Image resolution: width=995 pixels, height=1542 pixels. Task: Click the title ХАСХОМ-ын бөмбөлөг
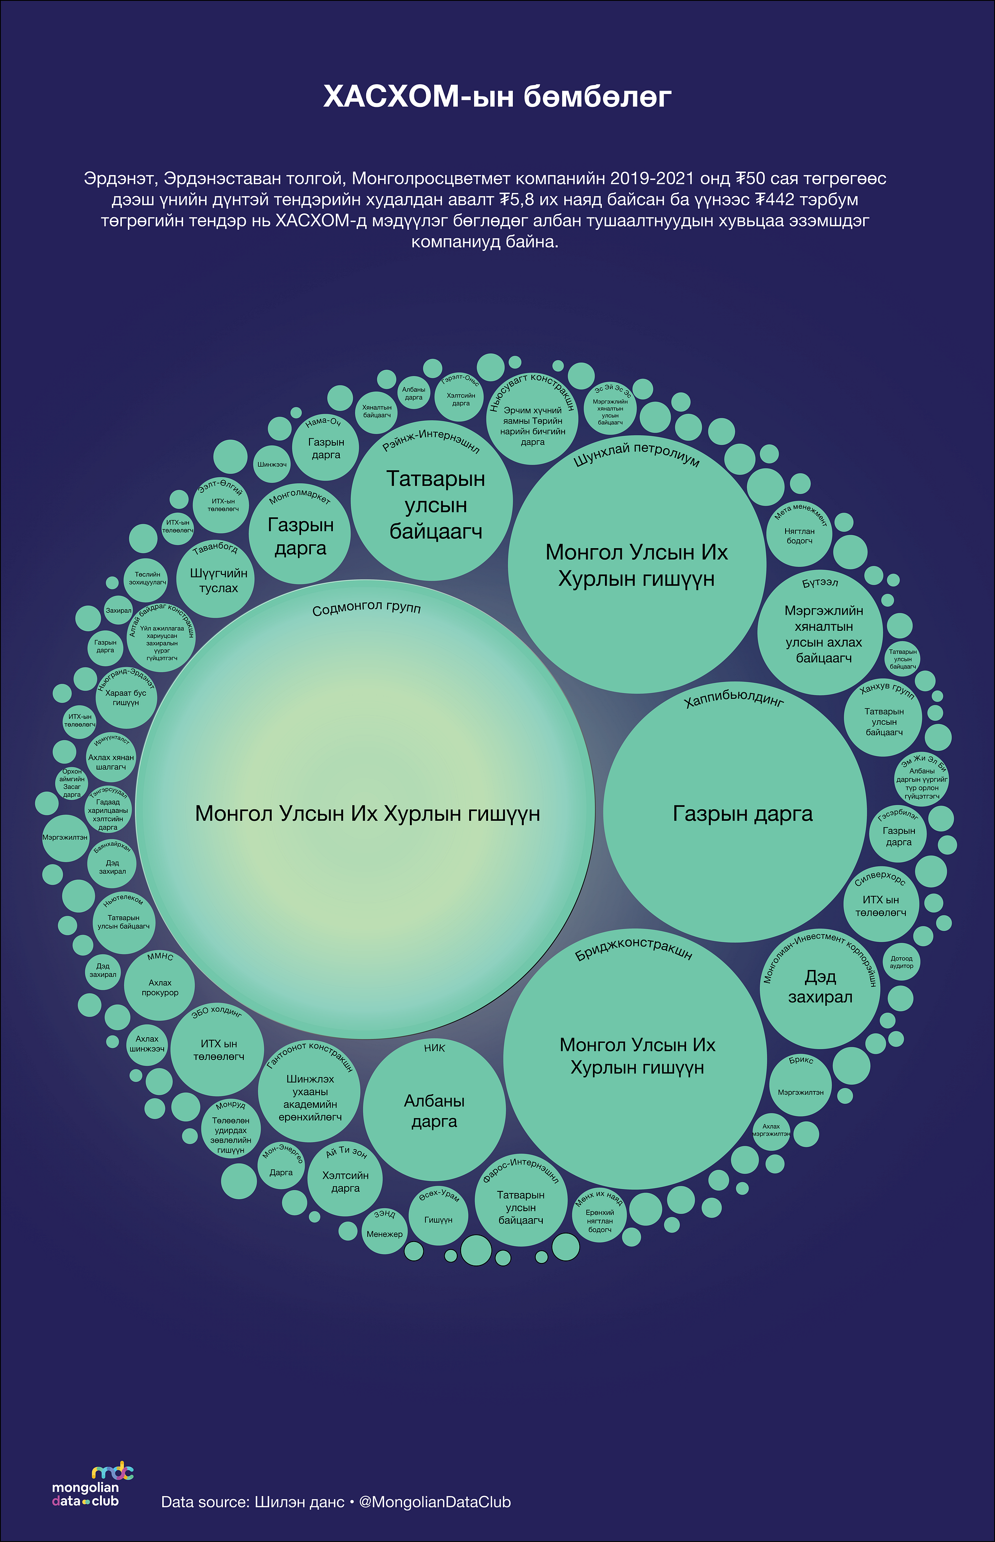(497, 97)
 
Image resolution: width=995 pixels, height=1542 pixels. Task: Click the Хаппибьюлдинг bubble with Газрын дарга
(735, 813)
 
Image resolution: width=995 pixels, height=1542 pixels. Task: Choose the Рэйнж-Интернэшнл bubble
(432, 500)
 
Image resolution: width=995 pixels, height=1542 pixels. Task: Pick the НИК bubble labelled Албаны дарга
(434, 1110)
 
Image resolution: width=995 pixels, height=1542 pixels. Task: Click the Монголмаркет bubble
(300, 534)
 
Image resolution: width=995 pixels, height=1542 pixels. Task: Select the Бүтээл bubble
(820, 633)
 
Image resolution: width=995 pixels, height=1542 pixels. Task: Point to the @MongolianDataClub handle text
(435, 1502)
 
